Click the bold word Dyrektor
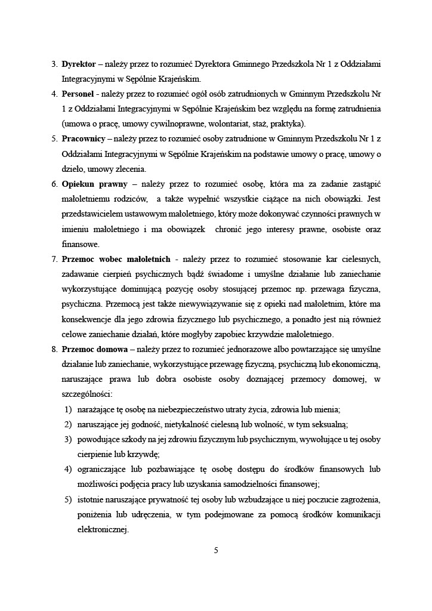point(79,63)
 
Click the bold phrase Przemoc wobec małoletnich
point(116,259)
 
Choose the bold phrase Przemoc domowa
point(91,349)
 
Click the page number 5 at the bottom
point(216,550)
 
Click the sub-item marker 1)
point(69,409)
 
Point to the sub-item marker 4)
point(69,469)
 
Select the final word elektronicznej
point(103,529)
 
